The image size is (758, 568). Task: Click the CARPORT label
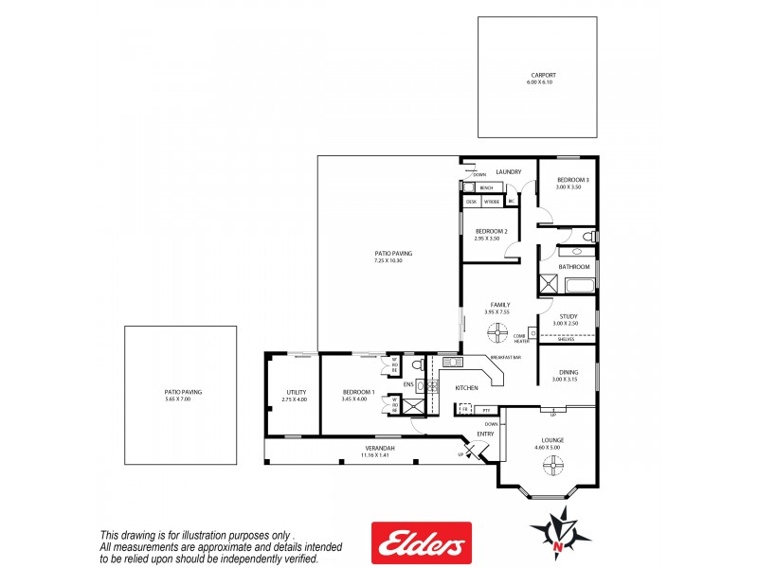pos(543,75)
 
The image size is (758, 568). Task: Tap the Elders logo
pos(421,543)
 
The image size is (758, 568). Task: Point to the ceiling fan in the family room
pos(498,331)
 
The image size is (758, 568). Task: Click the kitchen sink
pos(450,362)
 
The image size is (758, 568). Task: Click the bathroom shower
pos(549,283)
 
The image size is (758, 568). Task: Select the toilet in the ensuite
pos(417,364)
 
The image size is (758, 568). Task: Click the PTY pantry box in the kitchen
pos(486,409)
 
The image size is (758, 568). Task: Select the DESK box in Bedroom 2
pos(471,202)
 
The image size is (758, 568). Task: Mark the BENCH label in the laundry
pos(486,188)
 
